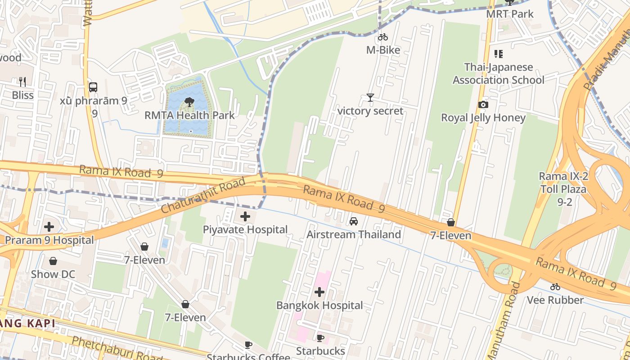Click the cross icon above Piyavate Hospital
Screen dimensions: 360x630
(x=245, y=217)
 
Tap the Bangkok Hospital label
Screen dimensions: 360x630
(x=319, y=306)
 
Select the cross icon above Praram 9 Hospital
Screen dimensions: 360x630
(x=49, y=227)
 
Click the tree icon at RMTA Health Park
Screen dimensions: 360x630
(x=189, y=102)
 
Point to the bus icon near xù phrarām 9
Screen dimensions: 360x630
(x=93, y=87)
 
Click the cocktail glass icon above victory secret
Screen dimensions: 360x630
(x=370, y=98)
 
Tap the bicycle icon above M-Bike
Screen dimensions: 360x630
(x=383, y=37)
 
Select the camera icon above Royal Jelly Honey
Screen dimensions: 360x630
(x=483, y=105)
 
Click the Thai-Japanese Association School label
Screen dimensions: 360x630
(x=498, y=74)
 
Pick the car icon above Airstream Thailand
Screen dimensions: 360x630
(x=354, y=221)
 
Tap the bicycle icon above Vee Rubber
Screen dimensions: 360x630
(x=555, y=287)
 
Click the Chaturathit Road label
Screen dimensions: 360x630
(x=203, y=195)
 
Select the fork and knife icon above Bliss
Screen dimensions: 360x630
(x=22, y=82)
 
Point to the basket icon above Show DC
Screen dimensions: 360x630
(x=53, y=261)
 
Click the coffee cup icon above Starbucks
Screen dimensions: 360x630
(x=320, y=338)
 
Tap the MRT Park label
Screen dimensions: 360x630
(x=509, y=14)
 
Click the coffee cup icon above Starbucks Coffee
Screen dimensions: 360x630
(x=248, y=345)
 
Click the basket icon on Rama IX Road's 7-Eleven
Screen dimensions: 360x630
(x=450, y=222)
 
